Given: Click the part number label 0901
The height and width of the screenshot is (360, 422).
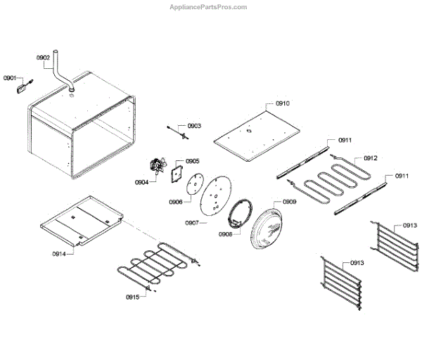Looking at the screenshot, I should coord(10,77).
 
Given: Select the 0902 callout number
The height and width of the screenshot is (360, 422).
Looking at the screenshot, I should coord(43,58).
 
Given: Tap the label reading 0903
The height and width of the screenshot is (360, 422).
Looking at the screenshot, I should coord(194,126).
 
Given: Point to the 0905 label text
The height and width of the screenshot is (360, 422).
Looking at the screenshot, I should coord(192,161).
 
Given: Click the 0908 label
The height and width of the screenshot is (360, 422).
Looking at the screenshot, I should coord(225,234).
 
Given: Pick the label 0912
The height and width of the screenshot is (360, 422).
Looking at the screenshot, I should coord(371,158).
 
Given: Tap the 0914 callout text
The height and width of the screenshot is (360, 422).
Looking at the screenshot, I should coord(58,253).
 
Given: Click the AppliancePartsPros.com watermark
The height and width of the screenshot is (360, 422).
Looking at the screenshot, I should coord(209,7).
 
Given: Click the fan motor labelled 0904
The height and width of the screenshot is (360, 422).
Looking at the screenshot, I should coord(155,167).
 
